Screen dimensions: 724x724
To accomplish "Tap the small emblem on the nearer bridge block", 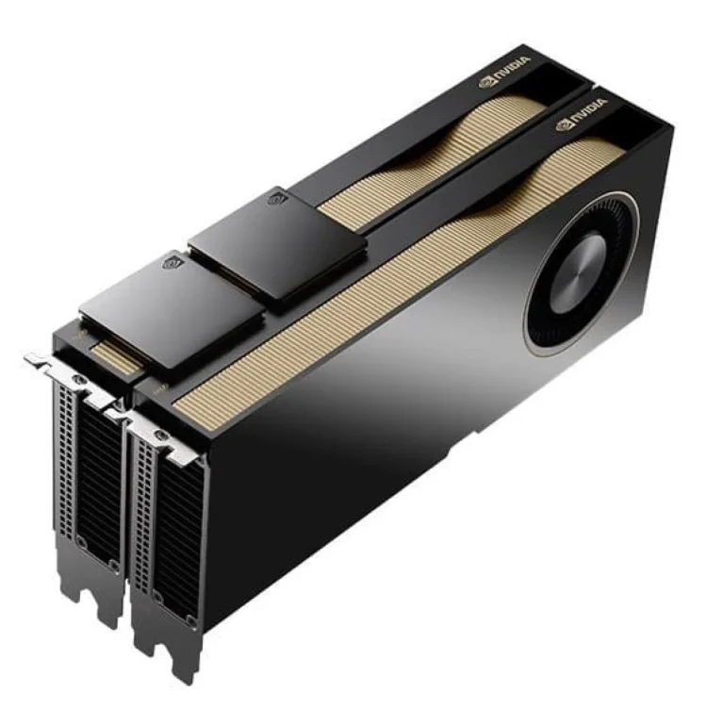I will (x=172, y=261).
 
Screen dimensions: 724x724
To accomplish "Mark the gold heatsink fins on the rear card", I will (x=396, y=170).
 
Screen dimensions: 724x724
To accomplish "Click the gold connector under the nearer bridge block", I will (x=119, y=354).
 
